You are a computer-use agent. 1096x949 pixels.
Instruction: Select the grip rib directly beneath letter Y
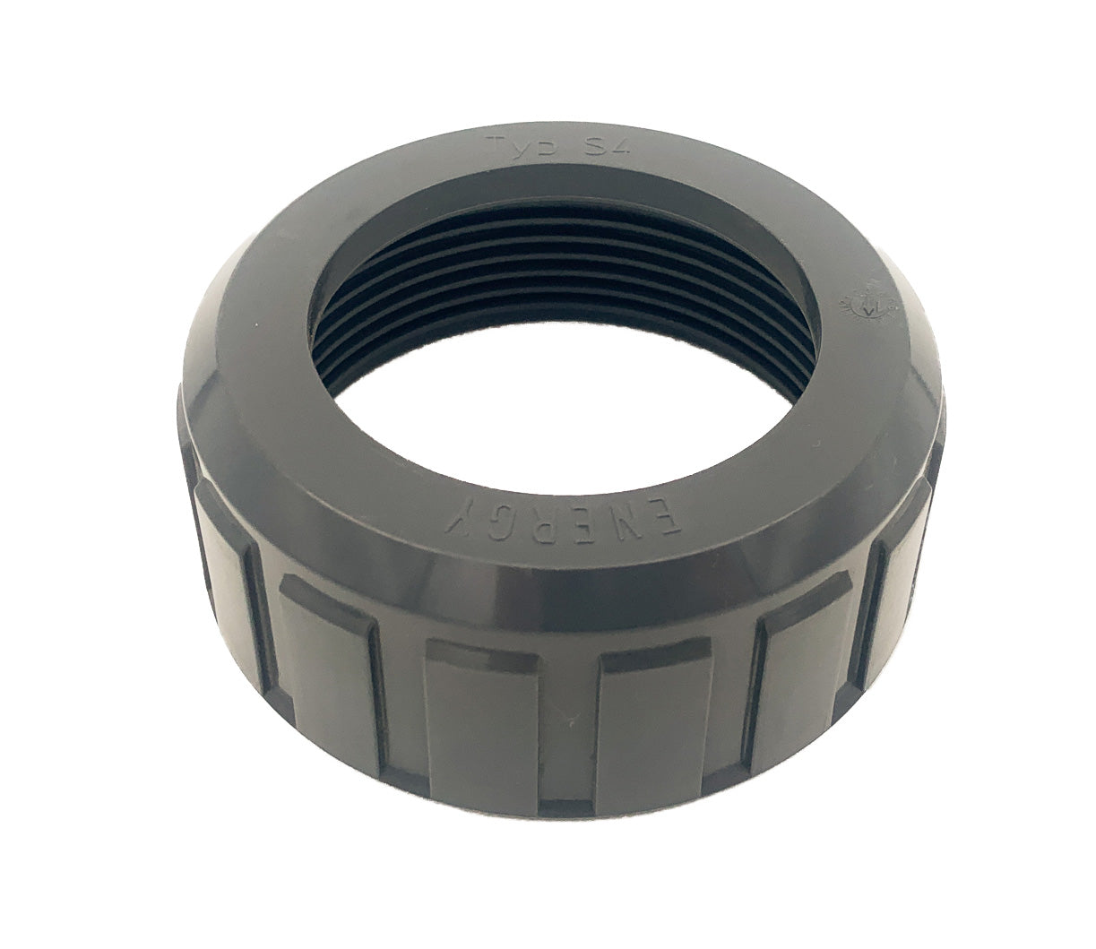457,708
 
